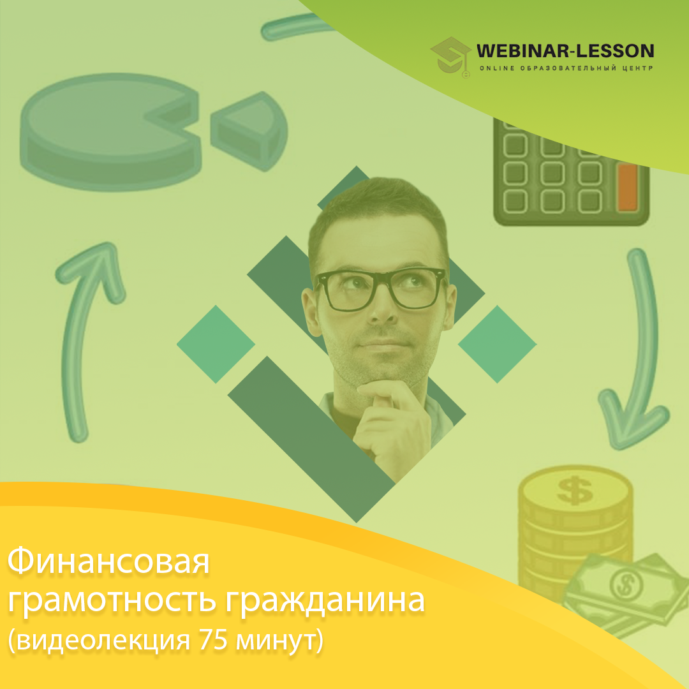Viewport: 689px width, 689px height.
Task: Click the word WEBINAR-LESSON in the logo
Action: click(565, 51)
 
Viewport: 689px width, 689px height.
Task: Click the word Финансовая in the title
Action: click(108, 561)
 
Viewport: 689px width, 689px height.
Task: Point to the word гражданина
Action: click(325, 601)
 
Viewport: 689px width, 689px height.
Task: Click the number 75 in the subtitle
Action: click(213, 640)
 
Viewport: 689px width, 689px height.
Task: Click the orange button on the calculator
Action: click(628, 188)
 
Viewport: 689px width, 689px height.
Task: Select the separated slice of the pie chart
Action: click(249, 131)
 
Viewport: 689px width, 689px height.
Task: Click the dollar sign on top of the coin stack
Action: click(574, 491)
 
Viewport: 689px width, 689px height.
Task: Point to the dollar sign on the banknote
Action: click(626, 584)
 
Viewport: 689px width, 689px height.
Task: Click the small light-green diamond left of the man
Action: click(216, 344)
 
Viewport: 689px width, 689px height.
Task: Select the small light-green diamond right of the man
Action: click(497, 344)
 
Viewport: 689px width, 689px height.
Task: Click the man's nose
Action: click(382, 307)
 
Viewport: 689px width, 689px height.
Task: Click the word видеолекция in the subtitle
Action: click(104, 641)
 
